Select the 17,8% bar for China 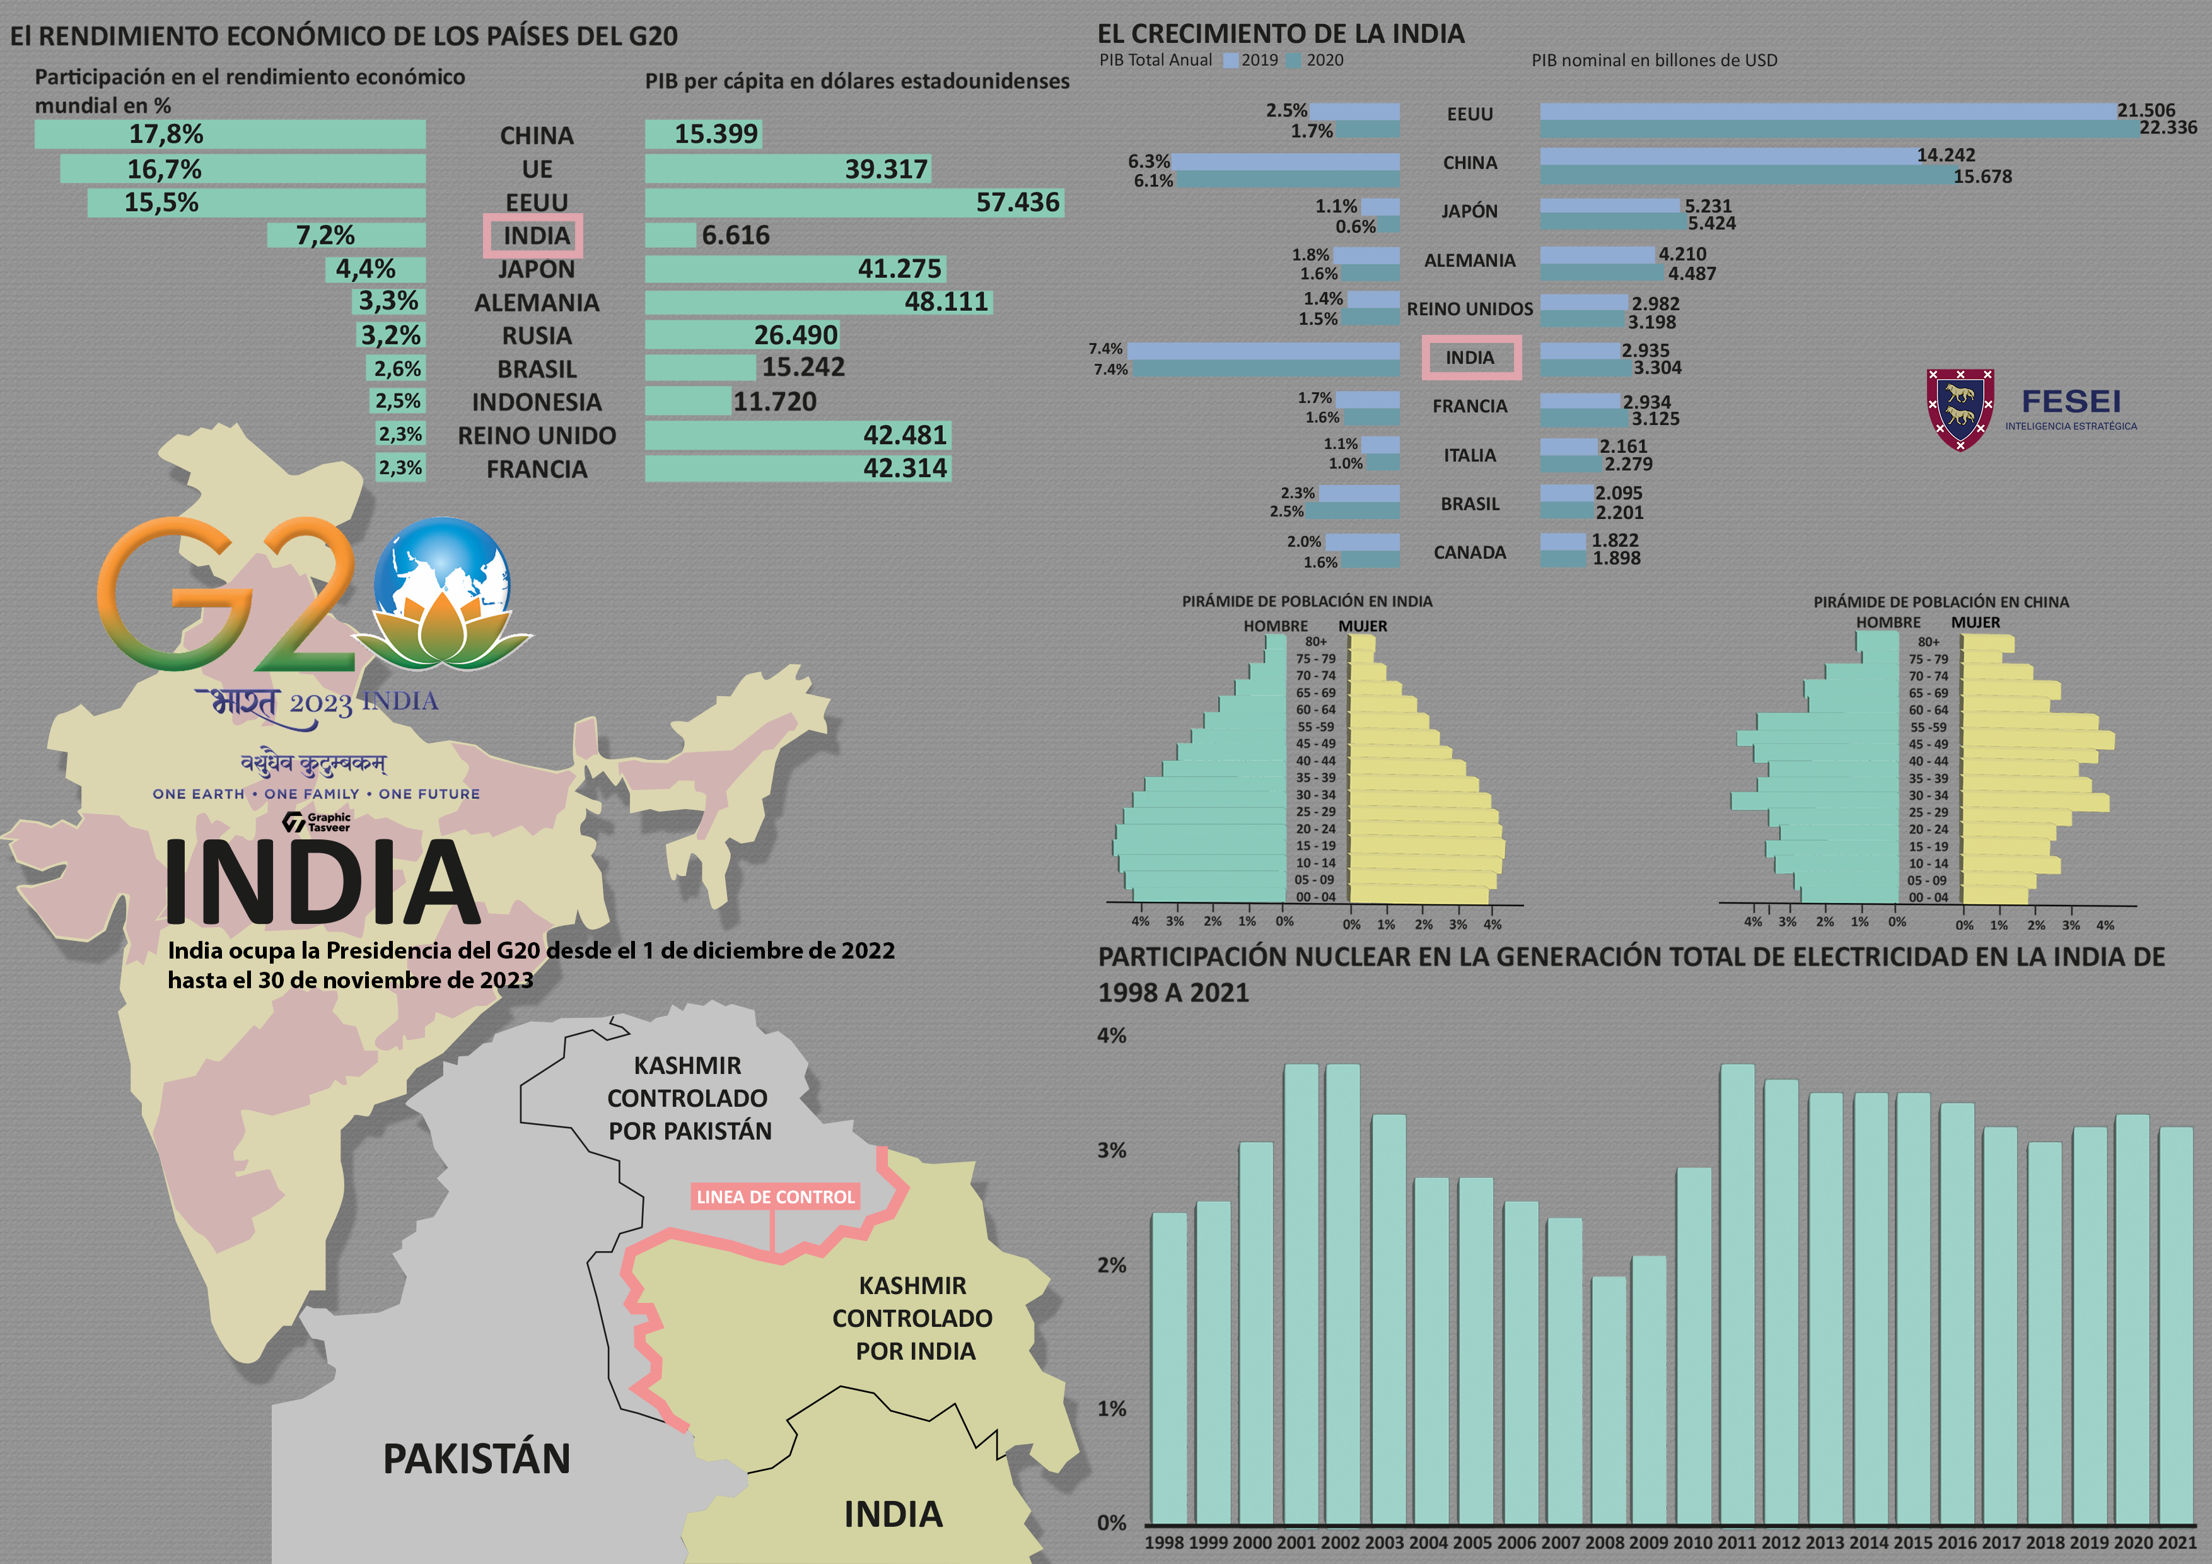[x=230, y=134]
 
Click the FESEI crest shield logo [x=1960, y=409]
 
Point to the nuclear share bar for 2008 [x=1608, y=1399]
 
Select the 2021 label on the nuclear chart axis [x=2175, y=1542]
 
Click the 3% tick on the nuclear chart [x=1112, y=1150]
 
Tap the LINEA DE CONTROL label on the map [x=776, y=1197]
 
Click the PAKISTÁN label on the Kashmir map [x=477, y=1458]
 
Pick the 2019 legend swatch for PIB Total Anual [x=1230, y=61]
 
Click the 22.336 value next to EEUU [x=2168, y=127]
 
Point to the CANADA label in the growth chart [x=1469, y=552]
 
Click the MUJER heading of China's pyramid [x=1975, y=622]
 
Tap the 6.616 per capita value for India [x=735, y=235]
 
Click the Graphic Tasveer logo [x=317, y=822]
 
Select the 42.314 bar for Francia [x=797, y=469]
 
